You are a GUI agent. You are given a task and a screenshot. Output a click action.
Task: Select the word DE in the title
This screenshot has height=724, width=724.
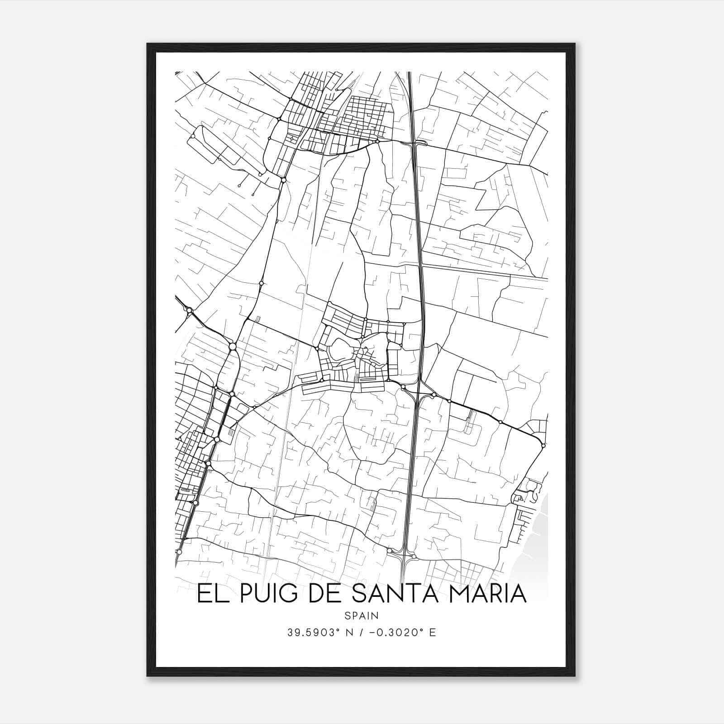coord(325,594)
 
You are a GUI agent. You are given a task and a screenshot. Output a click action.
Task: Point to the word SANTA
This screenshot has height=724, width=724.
coord(403,594)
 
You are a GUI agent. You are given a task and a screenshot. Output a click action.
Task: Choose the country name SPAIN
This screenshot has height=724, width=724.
coord(362,615)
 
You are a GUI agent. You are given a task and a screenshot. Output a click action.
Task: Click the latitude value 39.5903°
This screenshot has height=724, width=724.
coord(313,633)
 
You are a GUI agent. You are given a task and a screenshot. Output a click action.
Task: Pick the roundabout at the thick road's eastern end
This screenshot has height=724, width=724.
coord(543,446)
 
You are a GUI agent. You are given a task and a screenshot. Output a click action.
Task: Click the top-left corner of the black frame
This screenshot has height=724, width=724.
coord(148,44)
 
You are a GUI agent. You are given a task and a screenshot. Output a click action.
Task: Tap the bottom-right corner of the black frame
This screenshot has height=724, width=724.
coord(575,676)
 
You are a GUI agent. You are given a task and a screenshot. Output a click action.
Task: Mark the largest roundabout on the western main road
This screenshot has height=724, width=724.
coord(232,347)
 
